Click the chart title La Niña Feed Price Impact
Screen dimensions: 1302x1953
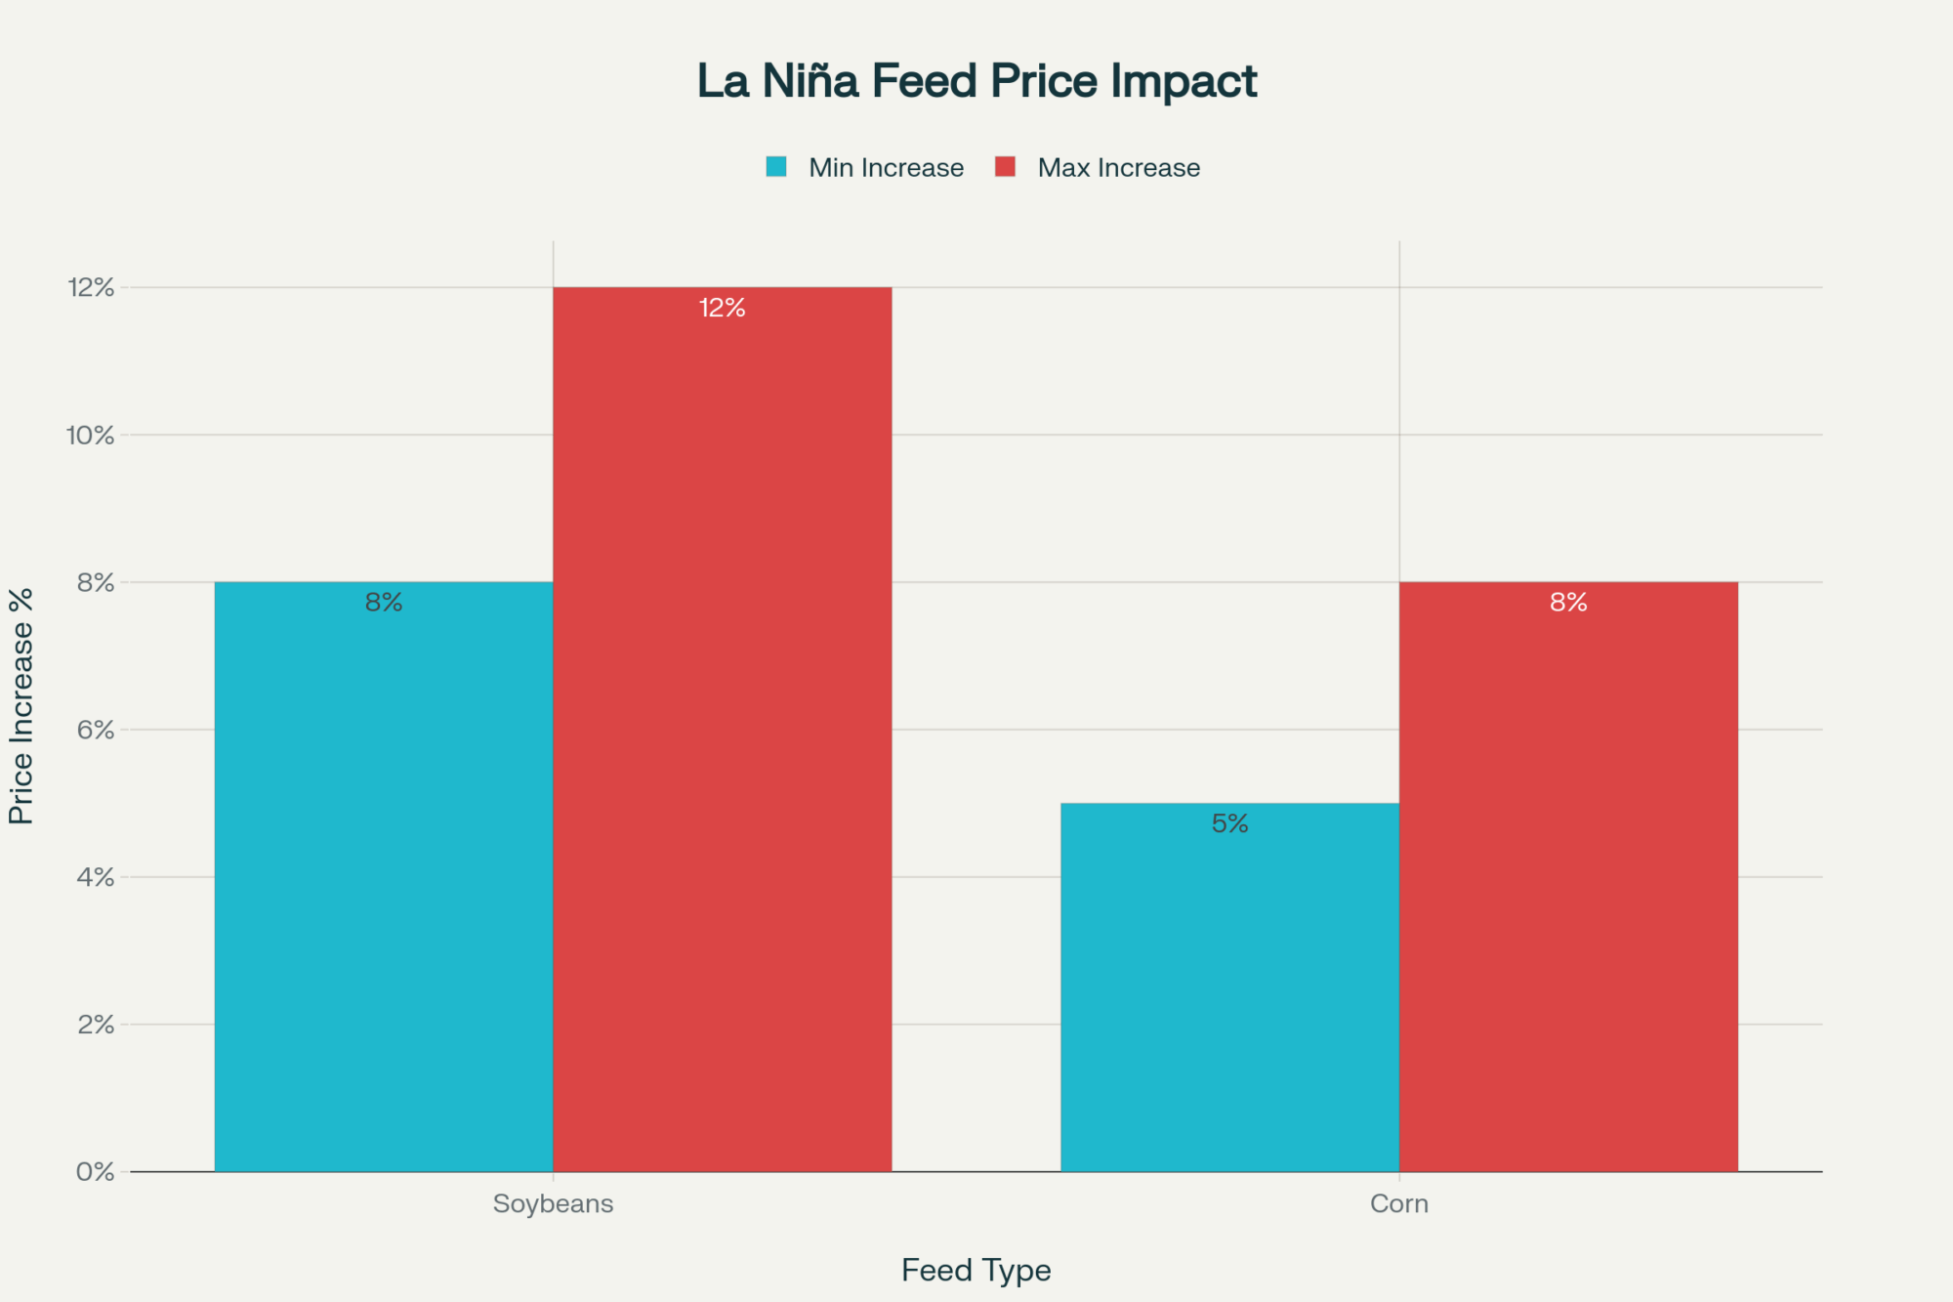point(976,81)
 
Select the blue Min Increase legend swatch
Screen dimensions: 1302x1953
point(776,167)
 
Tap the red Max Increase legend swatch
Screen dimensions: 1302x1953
point(1005,167)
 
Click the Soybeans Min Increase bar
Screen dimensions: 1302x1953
point(384,879)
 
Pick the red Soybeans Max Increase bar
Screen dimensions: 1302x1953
point(723,733)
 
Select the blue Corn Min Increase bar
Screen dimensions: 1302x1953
point(1229,987)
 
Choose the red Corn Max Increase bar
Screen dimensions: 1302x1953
point(1568,879)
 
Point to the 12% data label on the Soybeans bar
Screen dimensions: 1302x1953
point(723,309)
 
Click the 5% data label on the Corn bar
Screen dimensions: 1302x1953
point(1229,823)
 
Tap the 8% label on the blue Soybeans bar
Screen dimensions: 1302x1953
point(384,603)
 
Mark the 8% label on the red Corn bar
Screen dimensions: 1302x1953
point(1568,603)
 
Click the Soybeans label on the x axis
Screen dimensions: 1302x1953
point(553,1203)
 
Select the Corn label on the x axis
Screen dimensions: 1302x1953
point(1398,1203)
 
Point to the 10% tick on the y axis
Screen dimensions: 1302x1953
point(91,436)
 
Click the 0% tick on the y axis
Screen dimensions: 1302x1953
point(96,1172)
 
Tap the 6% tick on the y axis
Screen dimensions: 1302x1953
point(96,731)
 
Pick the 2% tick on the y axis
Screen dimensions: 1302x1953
point(96,1025)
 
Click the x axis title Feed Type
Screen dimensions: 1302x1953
point(976,1270)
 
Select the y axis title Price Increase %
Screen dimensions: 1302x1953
point(21,705)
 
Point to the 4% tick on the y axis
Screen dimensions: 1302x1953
point(96,877)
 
